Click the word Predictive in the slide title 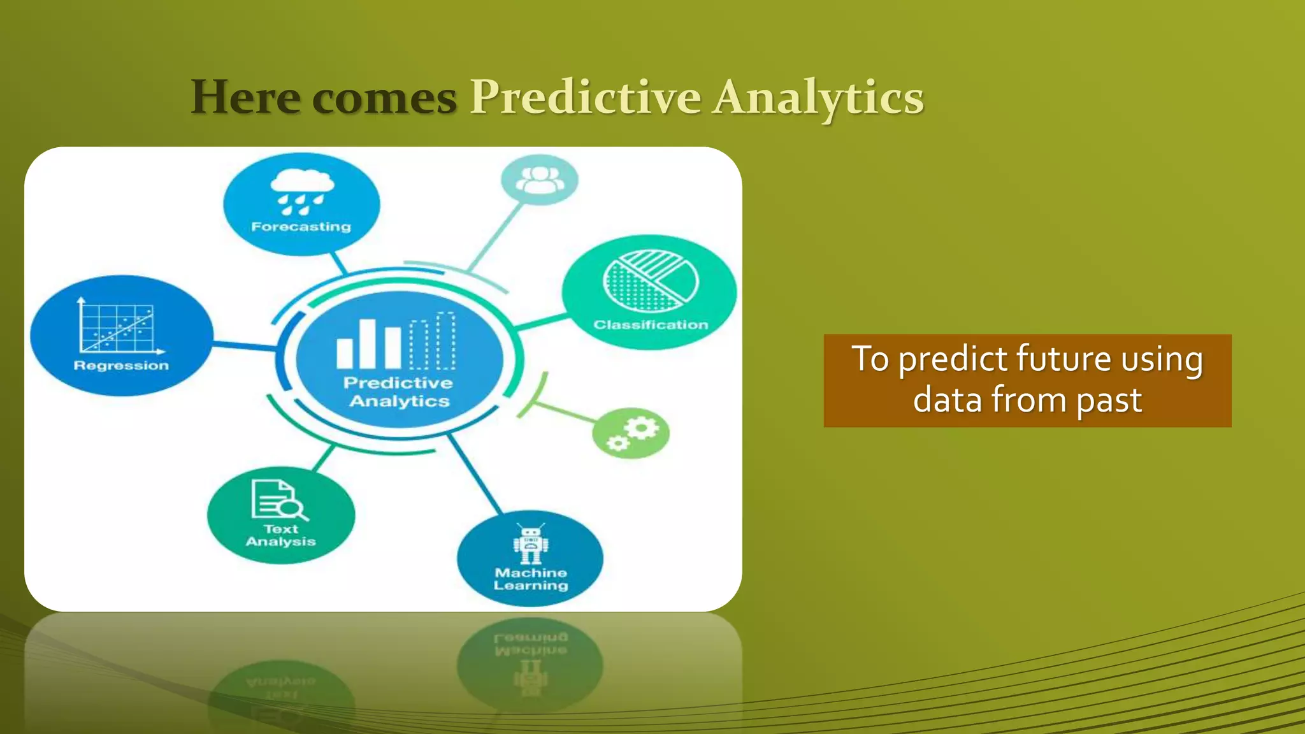coord(585,98)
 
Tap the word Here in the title coord(245,98)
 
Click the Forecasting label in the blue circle coord(301,227)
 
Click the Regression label coord(121,366)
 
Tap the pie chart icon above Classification coord(650,280)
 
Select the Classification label coord(651,325)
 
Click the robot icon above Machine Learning coord(531,543)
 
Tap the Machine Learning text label coord(531,579)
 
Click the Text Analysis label coord(281,535)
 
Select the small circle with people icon coord(540,180)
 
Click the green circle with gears coord(631,433)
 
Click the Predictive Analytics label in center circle coord(399,392)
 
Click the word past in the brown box coord(1109,400)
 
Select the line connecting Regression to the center coord(244,345)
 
